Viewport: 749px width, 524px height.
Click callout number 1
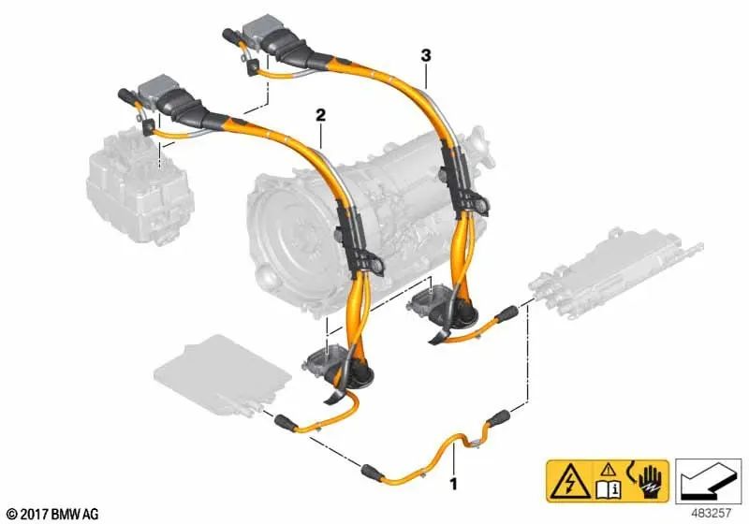[x=453, y=485]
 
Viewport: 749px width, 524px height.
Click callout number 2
[x=320, y=115]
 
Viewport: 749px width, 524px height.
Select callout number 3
[x=426, y=56]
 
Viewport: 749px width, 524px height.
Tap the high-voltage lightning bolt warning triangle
[x=570, y=482]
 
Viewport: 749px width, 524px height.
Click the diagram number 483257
[x=711, y=514]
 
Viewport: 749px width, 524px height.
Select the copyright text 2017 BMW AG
[x=53, y=515]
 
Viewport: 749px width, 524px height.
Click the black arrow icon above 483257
[x=708, y=482]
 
